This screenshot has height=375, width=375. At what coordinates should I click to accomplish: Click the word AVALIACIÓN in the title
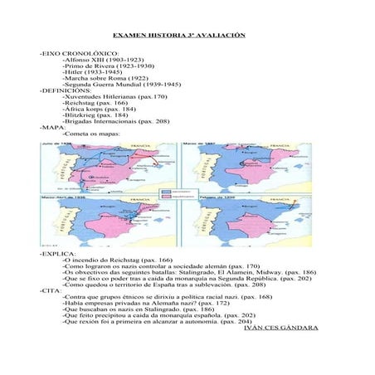(218, 37)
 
